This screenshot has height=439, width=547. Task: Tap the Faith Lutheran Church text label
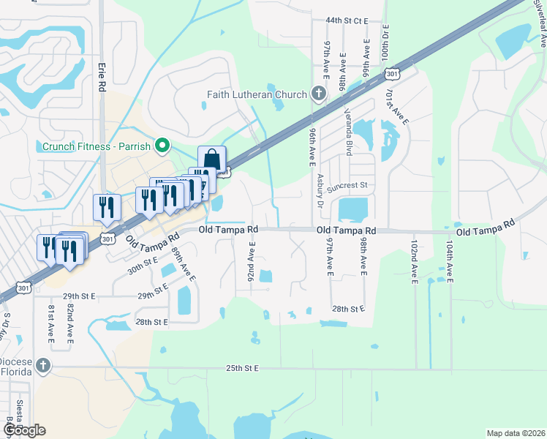pyautogui.click(x=257, y=94)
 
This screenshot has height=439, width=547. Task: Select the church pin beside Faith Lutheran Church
pyautogui.click(x=318, y=94)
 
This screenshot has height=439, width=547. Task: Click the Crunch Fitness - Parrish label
pyautogui.click(x=96, y=146)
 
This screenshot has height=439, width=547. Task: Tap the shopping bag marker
pyautogui.click(x=211, y=160)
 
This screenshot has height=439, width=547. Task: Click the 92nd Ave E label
pyautogui.click(x=251, y=264)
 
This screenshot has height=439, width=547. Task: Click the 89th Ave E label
pyautogui.click(x=184, y=264)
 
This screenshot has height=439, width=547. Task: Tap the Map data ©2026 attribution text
pyautogui.click(x=515, y=433)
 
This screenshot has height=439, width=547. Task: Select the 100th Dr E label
pyautogui.click(x=386, y=42)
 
